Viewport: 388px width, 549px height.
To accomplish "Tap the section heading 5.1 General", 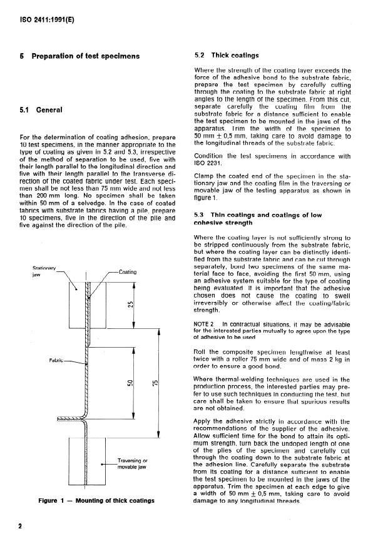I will [42, 110].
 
